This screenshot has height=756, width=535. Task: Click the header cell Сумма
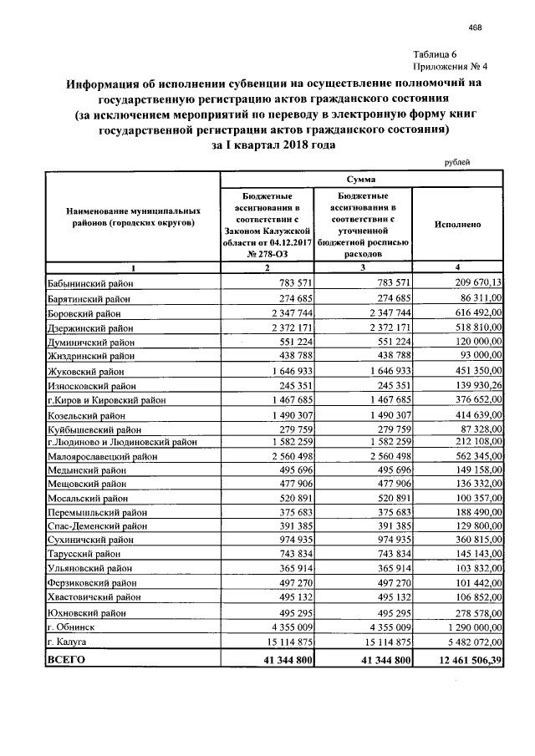pos(360,180)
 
